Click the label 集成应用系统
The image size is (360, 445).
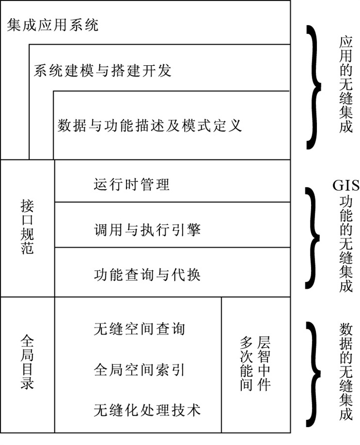[52, 25]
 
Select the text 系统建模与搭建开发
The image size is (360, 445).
[102, 70]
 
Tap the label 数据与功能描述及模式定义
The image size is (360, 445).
[150, 125]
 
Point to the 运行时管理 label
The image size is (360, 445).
[132, 184]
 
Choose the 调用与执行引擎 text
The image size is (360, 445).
[147, 230]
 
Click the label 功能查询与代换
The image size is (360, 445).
[147, 275]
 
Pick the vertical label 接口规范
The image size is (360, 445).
[27, 226]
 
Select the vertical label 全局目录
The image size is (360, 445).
[27, 362]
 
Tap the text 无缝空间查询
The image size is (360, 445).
[139, 329]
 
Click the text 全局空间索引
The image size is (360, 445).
[139, 370]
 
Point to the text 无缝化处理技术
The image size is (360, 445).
[147, 410]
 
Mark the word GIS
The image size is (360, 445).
[346, 186]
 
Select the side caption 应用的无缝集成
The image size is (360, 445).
[346, 85]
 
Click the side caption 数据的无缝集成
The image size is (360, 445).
[346, 371]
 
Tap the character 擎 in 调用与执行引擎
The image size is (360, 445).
[194, 230]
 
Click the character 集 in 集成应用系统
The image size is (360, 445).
[14, 25]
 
